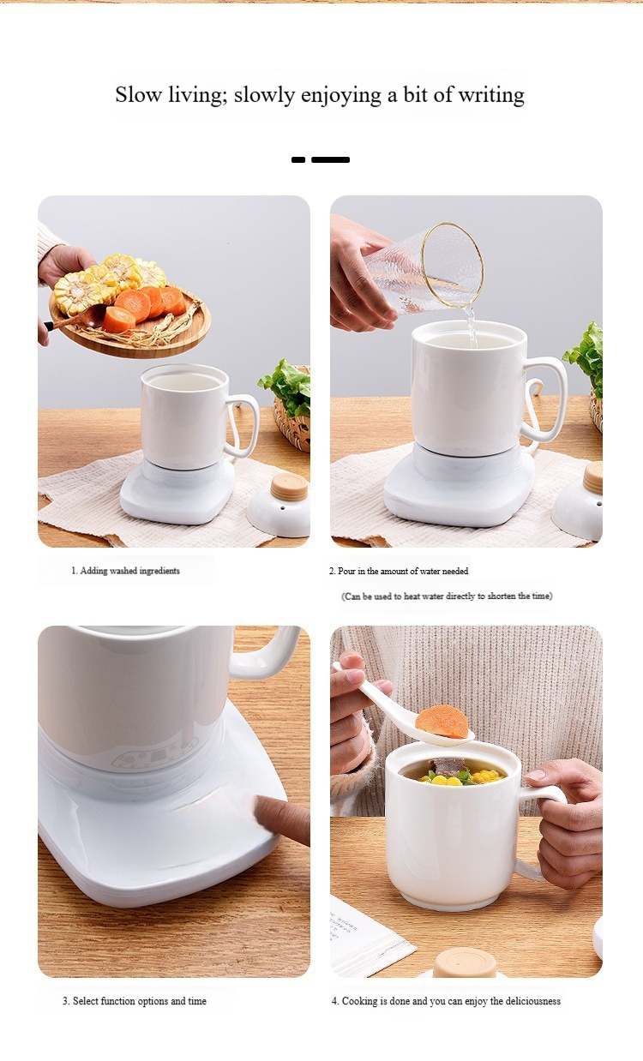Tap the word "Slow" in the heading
(x=138, y=94)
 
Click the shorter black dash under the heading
(x=298, y=159)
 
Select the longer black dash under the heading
(x=330, y=159)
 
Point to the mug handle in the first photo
(x=244, y=425)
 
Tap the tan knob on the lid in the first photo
(x=289, y=487)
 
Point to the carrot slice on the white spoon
(x=442, y=722)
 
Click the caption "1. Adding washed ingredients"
(x=125, y=571)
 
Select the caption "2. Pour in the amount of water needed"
(x=399, y=572)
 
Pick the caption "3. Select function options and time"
(x=135, y=1001)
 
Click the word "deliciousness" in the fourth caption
(x=532, y=1001)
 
